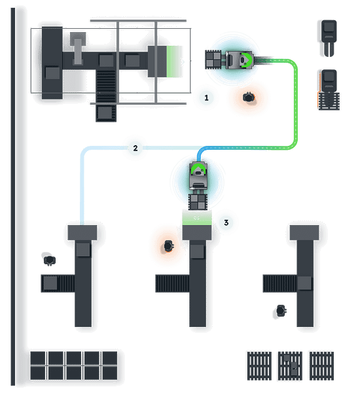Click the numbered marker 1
[x=206, y=97]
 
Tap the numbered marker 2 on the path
[x=135, y=148]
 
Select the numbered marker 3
[x=226, y=222]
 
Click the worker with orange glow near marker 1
[x=249, y=97]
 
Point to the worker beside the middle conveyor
[x=169, y=246]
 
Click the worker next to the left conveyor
[x=50, y=260]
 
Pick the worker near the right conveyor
[x=281, y=311]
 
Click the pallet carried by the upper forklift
[x=213, y=60]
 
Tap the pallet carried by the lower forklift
[x=198, y=202]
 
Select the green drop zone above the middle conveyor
[x=197, y=218]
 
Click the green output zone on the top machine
[x=174, y=61]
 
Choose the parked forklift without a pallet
[x=329, y=38]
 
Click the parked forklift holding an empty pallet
[x=329, y=90]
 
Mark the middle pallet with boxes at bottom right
[x=290, y=366]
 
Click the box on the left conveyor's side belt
[x=50, y=283]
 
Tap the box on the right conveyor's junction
[x=304, y=283]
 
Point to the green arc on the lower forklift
[x=198, y=167]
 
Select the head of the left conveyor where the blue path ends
[x=82, y=232]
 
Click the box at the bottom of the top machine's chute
[x=105, y=112]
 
